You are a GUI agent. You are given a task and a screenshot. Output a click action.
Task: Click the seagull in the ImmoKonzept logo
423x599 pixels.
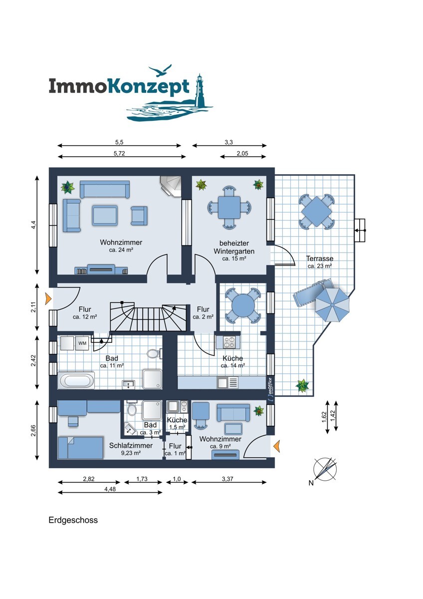click(160, 70)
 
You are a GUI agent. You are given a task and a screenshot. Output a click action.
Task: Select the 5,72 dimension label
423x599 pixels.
click(119, 154)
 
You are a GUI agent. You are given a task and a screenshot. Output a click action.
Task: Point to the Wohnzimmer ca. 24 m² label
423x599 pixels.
click(121, 246)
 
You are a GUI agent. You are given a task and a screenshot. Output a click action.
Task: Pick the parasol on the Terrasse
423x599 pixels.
click(332, 304)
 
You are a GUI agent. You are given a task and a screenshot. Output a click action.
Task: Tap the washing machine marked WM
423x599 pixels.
click(82, 343)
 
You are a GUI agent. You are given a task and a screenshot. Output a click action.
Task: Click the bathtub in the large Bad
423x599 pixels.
click(76, 380)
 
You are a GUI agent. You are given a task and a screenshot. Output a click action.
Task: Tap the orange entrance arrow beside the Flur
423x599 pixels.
click(48, 299)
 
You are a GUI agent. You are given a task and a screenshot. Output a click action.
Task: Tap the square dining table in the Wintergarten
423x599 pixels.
click(229, 208)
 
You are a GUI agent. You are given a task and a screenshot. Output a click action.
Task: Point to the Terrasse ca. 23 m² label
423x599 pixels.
click(320, 262)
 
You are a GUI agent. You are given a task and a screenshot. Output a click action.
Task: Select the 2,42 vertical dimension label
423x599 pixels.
click(33, 361)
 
